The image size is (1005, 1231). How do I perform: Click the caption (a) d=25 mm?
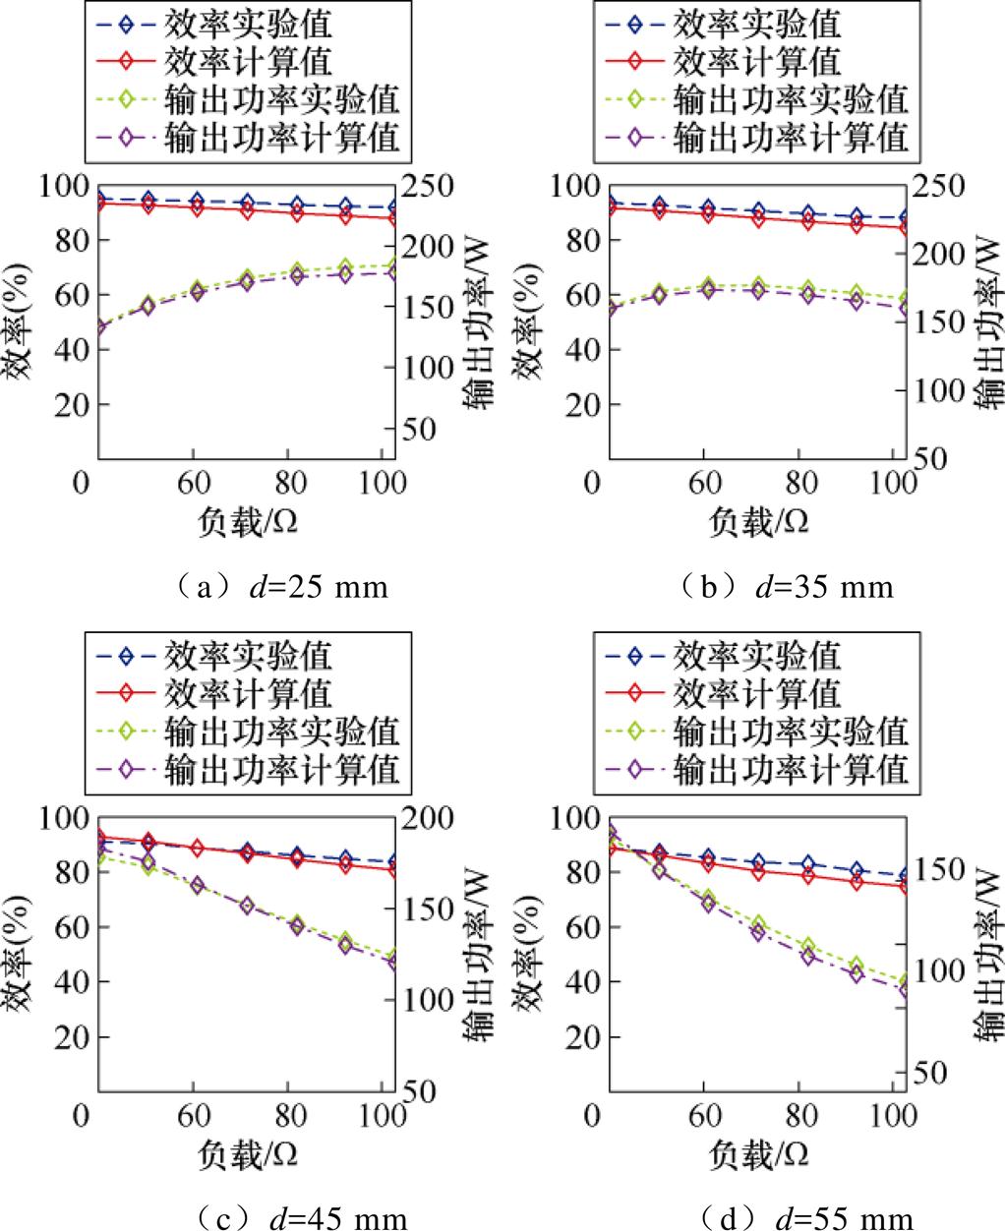pos(278,588)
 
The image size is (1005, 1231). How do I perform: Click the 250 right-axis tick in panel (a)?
pos(434,187)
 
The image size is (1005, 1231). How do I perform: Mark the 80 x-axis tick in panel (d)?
pos(803,1116)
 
